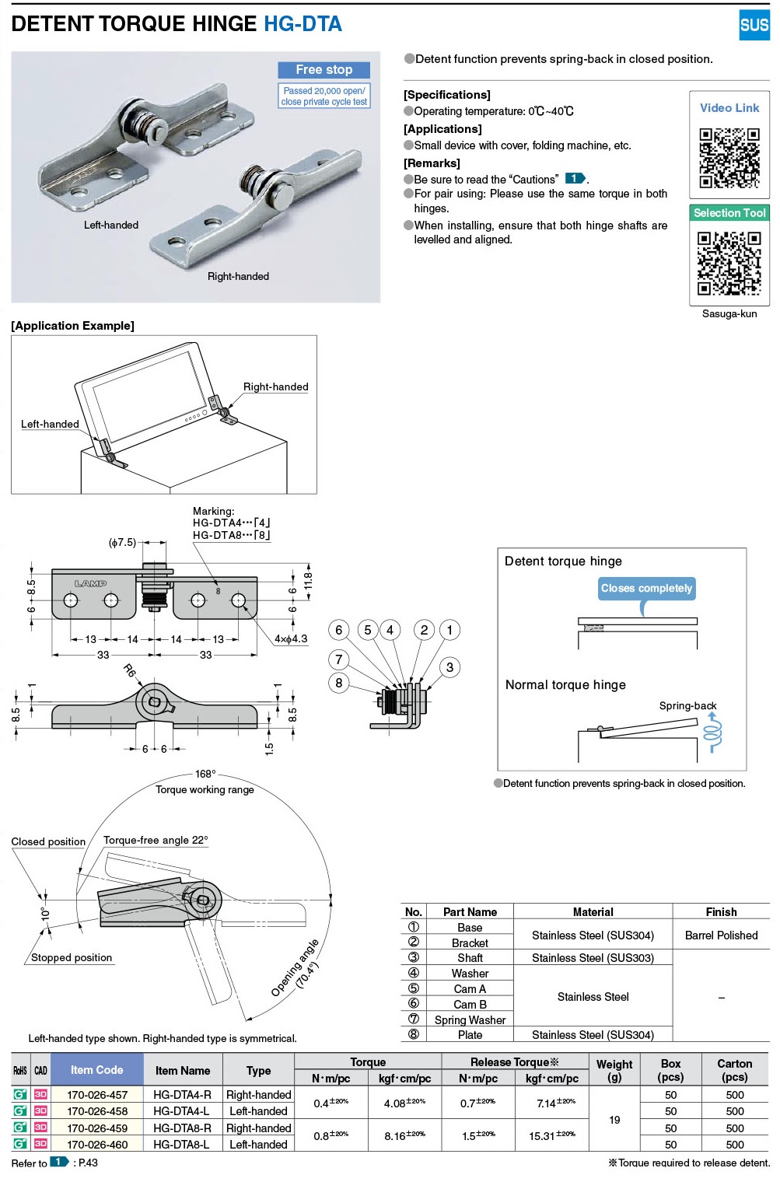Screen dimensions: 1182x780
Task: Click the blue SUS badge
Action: coord(754,25)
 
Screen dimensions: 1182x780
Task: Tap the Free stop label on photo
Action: coord(324,70)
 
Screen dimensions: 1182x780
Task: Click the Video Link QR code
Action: coord(729,158)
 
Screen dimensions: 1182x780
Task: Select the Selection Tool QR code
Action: coord(729,263)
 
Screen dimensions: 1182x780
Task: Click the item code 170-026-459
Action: coord(97,1128)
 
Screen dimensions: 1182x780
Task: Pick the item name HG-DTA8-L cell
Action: coord(181,1144)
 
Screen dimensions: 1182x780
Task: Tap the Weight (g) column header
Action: coord(614,1070)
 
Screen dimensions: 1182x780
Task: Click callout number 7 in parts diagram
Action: coord(338,659)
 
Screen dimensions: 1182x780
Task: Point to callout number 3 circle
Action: coord(449,667)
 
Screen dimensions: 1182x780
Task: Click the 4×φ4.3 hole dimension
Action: coord(291,638)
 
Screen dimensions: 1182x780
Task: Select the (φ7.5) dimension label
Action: coord(122,542)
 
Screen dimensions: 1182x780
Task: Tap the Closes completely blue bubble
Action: coord(645,588)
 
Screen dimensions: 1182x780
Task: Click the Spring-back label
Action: coord(687,705)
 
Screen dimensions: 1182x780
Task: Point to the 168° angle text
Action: coord(205,774)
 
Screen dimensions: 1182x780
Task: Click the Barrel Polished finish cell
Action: coord(721,935)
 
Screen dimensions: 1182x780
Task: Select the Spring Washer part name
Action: coord(470,1019)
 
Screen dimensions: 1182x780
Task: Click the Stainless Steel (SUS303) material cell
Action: coord(593,958)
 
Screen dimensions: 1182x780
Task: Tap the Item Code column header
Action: coord(96,1070)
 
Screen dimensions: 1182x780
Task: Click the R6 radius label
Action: coord(130,670)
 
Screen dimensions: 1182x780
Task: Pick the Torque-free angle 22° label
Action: coord(156,840)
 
